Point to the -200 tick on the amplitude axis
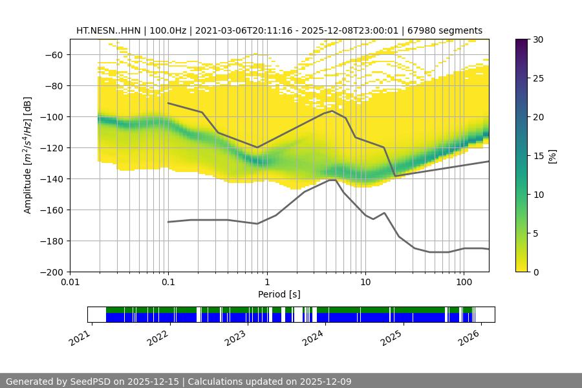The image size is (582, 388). click(54, 272)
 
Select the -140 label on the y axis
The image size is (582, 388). click(54, 179)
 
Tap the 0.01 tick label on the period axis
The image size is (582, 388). click(70, 282)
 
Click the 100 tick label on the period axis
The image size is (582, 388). click(463, 282)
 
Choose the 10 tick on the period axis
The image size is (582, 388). click(365, 282)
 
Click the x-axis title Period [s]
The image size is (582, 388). click(279, 294)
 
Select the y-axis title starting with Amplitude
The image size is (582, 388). click(28, 155)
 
